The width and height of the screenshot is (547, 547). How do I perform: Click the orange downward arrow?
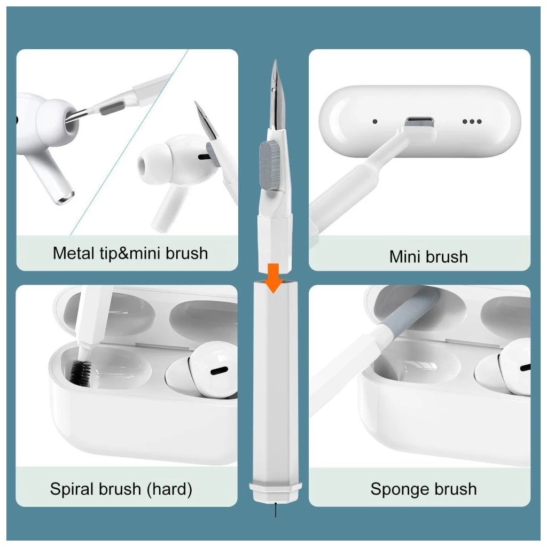pos(274,278)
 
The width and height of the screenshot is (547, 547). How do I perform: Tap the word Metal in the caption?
pos(74,253)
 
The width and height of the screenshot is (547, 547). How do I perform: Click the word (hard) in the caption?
pos(169,489)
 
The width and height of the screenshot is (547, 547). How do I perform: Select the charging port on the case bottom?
pos(419,122)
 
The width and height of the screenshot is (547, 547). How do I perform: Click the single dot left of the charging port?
pos(375,121)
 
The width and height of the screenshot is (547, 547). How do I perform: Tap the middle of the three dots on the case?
pos(472,121)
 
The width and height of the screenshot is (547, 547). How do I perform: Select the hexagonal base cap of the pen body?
pos(276,492)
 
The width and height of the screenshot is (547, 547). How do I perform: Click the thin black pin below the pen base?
pos(276,510)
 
